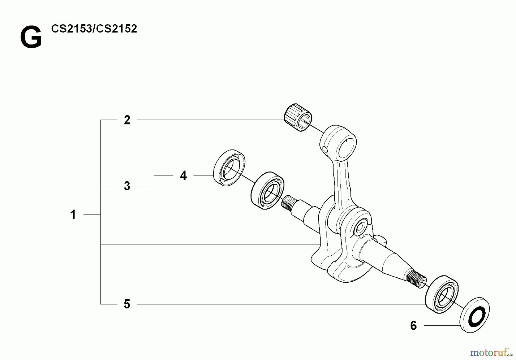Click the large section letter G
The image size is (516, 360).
31,37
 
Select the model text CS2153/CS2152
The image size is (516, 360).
94,29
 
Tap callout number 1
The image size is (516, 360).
73,214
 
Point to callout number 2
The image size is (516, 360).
127,120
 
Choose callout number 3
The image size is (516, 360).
127,186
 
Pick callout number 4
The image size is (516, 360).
183,175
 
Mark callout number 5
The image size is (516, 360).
127,304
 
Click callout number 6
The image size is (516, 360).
413,326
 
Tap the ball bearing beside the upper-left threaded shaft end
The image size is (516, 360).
267,190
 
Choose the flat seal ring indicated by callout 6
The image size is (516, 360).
475,315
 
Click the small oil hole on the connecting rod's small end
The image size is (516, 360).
324,149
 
